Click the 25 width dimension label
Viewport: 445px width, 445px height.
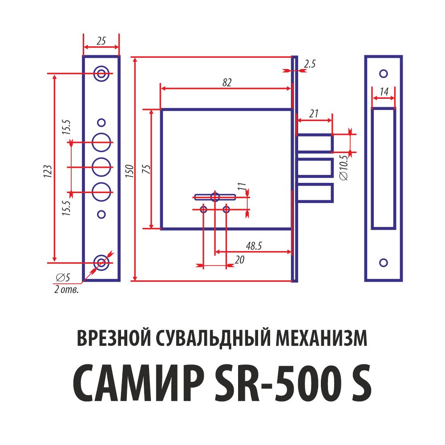(x=101, y=41)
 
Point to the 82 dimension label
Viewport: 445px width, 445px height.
(x=227, y=82)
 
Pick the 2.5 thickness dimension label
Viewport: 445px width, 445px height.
(x=309, y=65)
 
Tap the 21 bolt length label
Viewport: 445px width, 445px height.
(x=314, y=114)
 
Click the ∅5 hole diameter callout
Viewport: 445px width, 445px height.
(x=63, y=278)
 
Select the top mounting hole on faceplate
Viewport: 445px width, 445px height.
(x=101, y=73)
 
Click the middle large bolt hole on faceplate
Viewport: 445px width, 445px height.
(x=101, y=167)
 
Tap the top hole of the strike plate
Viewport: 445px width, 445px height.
(x=383, y=73)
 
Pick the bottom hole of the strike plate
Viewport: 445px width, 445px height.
(x=383, y=263)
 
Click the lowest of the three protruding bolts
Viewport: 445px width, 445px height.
(x=315, y=193)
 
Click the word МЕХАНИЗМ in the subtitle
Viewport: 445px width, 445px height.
(x=322, y=339)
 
